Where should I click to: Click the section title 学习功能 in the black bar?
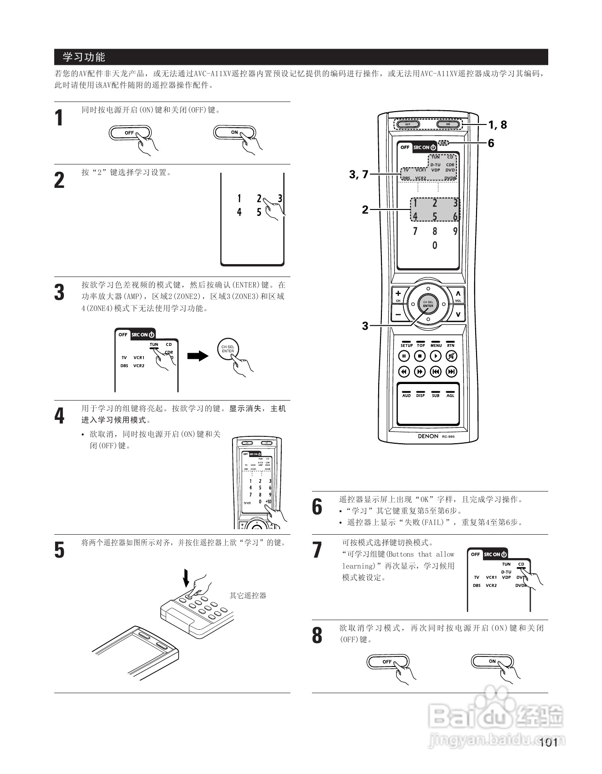84,57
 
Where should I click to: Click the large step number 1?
59,118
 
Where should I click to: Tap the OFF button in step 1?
130,133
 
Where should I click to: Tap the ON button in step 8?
492,661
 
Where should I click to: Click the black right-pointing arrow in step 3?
198,356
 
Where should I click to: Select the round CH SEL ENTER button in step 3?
228,350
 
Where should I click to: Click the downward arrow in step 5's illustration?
186,577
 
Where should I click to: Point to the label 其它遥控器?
248,596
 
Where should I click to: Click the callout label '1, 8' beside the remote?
497,124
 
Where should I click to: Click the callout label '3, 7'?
359,175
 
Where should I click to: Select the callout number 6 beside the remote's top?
491,143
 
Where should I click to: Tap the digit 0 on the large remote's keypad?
435,246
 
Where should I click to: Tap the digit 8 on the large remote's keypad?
435,231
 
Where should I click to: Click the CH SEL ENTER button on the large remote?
428,304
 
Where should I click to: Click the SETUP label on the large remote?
406,345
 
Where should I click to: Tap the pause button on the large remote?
404,356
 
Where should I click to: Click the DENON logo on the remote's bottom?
428,436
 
